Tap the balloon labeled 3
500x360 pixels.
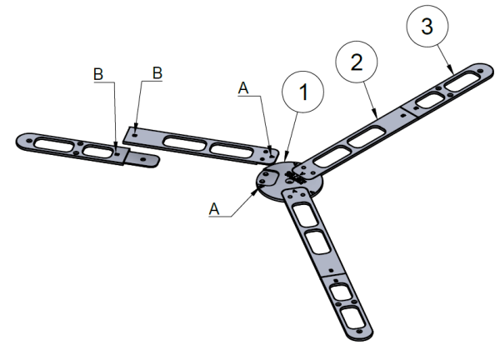(x=427, y=27)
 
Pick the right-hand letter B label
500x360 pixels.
(x=155, y=73)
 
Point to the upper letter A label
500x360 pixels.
(x=242, y=87)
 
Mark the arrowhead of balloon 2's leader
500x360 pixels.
(x=377, y=113)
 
